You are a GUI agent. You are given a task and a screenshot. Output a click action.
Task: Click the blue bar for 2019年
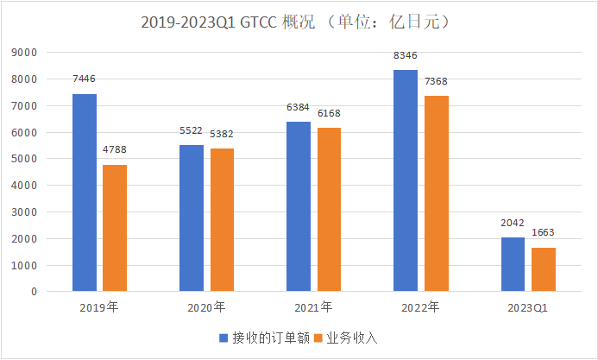84,193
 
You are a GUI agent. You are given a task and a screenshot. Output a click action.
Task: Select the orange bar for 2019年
115,228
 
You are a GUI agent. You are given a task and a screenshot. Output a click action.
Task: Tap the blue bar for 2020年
191,218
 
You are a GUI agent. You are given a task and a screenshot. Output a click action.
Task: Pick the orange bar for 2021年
329,210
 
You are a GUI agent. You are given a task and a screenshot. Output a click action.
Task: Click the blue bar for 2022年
406,180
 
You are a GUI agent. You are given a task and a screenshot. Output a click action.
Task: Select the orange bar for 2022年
436,193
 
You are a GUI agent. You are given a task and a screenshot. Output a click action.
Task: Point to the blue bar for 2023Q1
513,264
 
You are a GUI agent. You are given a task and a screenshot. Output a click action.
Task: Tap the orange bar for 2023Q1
543,269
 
